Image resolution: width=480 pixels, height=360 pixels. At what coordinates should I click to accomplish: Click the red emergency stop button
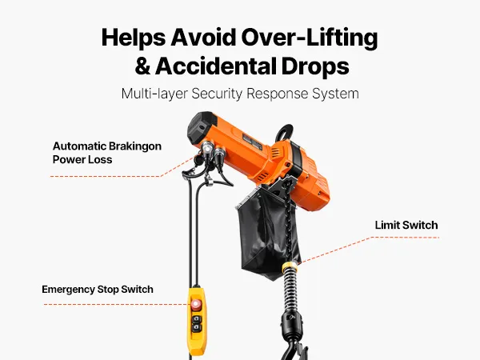pos(196,304)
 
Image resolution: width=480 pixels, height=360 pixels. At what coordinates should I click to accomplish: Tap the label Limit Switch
pos(406,225)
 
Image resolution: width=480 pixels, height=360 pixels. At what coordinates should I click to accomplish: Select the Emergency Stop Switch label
pos(98,290)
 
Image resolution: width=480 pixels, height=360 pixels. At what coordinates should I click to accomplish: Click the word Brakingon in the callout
pos(134,146)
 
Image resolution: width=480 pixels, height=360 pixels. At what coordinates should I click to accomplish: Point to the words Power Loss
pos(82,159)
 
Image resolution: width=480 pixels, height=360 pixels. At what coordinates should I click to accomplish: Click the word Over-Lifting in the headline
pos(309,38)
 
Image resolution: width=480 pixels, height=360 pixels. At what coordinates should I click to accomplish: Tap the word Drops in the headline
pos(315,66)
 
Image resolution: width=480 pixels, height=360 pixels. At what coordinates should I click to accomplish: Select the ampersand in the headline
pos(142,66)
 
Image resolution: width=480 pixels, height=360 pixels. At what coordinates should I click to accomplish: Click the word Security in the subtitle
pos(217,94)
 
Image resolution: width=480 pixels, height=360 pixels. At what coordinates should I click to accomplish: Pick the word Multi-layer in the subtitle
pos(154,94)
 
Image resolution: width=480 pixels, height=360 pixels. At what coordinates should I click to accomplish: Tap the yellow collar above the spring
pos(290,267)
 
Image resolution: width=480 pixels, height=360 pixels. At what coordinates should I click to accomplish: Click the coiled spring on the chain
pos(290,291)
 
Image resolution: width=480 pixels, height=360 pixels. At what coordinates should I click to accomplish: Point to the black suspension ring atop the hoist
pos(284,132)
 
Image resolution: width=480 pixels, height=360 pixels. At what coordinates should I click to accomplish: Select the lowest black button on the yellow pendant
pos(196,328)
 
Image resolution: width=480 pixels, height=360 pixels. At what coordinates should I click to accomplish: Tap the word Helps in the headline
pos(134,38)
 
